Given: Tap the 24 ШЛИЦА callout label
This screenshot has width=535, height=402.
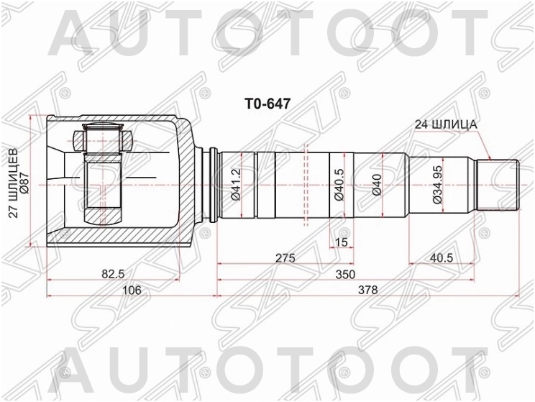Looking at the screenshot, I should click(446, 124).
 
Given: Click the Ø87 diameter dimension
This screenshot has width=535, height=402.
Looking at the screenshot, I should click(24, 181).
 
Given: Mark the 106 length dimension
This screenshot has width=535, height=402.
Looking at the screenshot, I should click(130, 289).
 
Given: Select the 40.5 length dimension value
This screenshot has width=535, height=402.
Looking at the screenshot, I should click(440, 257).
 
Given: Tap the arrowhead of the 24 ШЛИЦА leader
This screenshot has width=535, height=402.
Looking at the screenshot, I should click(489, 158).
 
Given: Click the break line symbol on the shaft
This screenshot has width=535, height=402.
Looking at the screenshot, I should click(308, 186).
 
